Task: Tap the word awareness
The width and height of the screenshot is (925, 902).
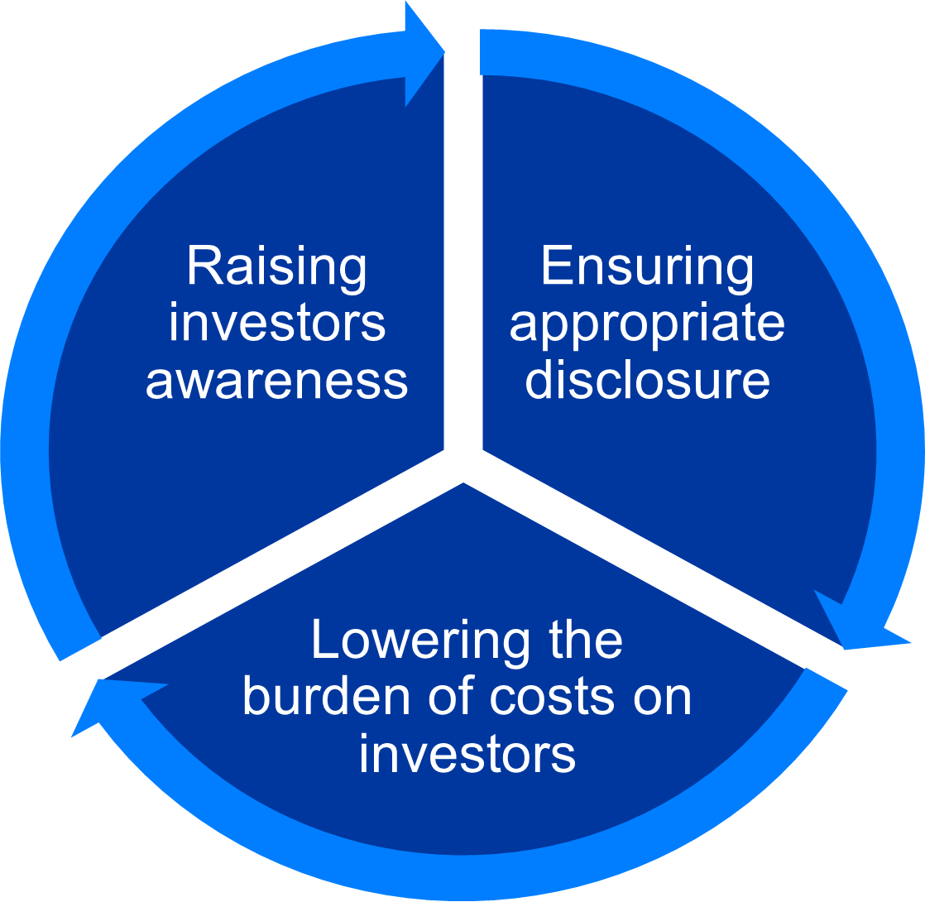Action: point(276,380)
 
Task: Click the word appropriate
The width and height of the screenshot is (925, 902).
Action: point(647,324)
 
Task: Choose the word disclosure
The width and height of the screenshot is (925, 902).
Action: point(647,380)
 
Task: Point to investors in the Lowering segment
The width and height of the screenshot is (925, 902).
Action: point(467,754)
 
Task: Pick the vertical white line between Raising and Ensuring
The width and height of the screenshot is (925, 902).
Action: point(464,248)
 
